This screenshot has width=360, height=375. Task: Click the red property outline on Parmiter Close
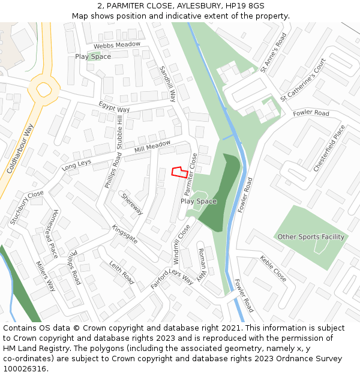[178, 172]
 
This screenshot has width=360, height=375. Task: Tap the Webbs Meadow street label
[117, 45]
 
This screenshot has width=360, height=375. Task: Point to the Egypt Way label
[114, 109]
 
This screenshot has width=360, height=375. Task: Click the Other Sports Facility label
[311, 237]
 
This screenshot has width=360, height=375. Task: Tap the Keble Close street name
[273, 269]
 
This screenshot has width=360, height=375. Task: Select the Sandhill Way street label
[167, 84]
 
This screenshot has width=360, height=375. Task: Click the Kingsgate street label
[125, 234]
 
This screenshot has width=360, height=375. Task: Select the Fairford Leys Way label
[172, 279]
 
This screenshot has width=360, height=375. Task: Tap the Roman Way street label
[202, 259]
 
